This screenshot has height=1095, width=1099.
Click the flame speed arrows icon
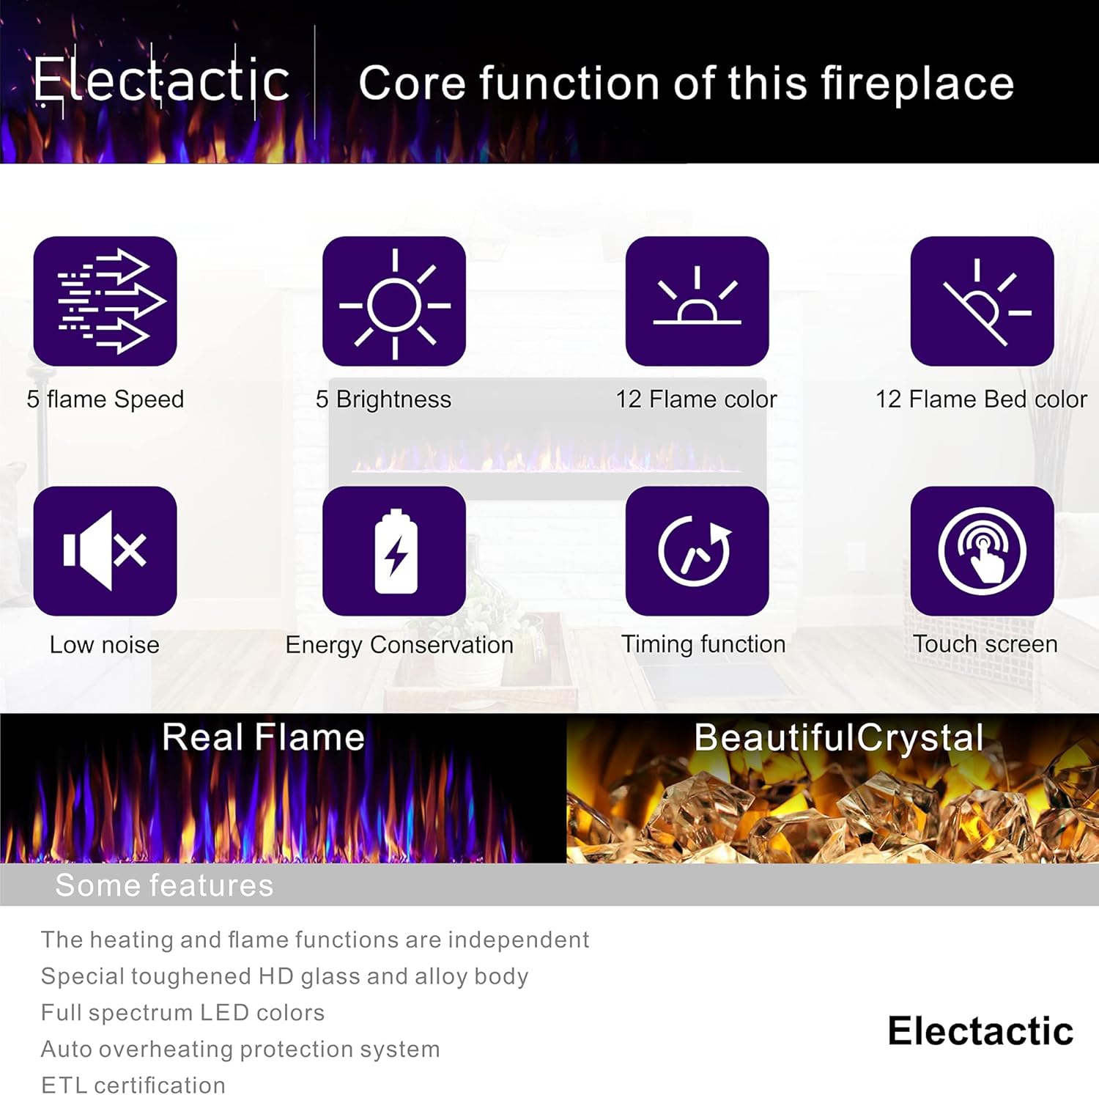point(106,301)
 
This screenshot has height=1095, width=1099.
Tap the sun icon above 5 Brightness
point(394,301)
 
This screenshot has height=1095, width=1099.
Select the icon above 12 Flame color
point(697,301)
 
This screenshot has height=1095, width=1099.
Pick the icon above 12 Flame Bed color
point(982,301)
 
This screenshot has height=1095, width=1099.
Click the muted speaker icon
point(106,550)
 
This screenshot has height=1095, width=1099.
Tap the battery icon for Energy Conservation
point(394,550)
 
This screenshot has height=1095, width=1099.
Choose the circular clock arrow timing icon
point(697,550)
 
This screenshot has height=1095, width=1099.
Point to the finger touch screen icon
point(982,550)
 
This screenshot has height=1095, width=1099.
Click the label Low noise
point(105,645)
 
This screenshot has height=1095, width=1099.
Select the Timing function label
point(703,644)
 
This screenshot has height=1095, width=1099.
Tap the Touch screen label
point(985,644)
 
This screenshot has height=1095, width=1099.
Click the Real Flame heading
point(263,737)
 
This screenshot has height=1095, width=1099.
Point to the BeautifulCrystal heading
point(839,738)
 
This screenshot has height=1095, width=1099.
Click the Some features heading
point(164,885)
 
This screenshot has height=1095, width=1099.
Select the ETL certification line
point(133,1085)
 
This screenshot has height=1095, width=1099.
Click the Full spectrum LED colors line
point(182,1013)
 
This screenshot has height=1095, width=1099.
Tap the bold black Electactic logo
point(980,1031)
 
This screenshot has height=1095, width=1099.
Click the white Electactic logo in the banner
point(162,81)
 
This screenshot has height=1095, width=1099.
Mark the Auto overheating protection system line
point(240,1050)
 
